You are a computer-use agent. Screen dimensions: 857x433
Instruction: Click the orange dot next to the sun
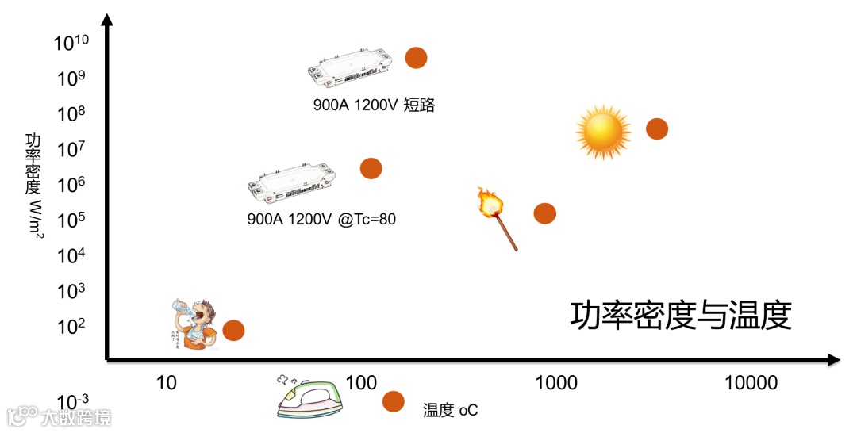click(656, 128)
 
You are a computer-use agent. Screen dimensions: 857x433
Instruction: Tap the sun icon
click(603, 130)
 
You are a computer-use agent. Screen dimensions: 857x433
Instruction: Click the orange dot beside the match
click(544, 213)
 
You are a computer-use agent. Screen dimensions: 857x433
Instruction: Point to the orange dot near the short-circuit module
click(416, 57)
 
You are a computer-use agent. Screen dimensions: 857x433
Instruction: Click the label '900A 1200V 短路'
click(375, 105)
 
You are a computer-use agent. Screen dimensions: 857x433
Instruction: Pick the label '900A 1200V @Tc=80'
click(321, 219)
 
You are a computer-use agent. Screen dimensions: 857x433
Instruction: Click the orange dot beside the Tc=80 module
click(371, 168)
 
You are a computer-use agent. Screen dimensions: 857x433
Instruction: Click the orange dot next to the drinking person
click(233, 331)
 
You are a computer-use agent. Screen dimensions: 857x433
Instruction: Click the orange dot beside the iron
click(393, 401)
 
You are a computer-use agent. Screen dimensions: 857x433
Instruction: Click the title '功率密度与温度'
click(681, 316)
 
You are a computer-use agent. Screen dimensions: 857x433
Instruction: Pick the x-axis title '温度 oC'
click(451, 410)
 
